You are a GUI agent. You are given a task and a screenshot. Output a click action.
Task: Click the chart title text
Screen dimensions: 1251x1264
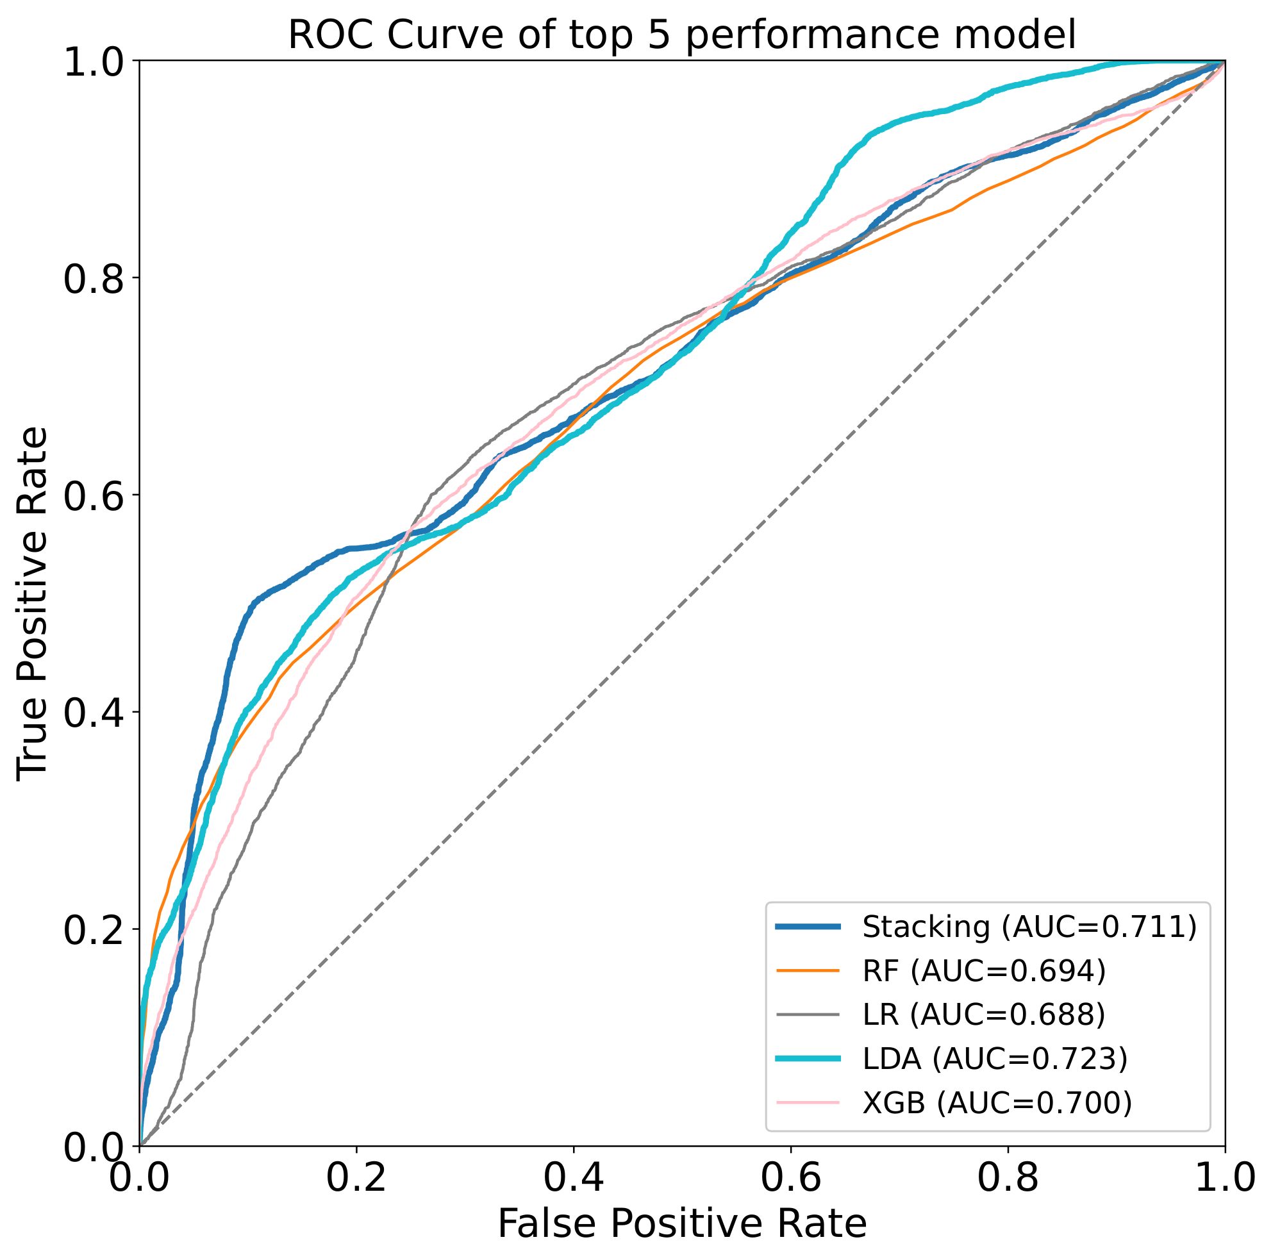point(682,35)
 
